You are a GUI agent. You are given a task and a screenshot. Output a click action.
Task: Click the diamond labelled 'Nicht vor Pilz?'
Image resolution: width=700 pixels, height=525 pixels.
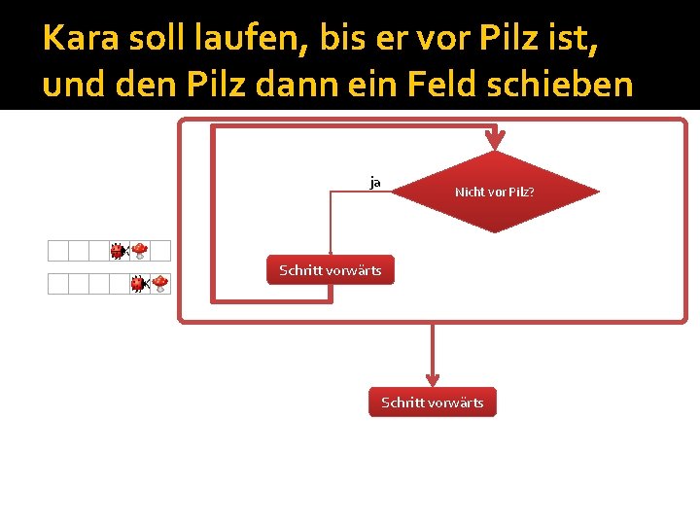click(495, 192)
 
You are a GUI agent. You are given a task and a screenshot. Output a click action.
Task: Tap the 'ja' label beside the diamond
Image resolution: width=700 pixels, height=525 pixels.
click(375, 182)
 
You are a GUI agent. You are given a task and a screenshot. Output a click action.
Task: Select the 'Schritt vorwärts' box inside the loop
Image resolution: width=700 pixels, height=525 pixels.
click(331, 269)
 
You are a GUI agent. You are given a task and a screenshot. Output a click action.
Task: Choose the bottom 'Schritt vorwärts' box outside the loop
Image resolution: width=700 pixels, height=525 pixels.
click(432, 402)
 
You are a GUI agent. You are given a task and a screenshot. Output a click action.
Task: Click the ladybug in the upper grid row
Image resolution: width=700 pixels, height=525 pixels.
click(118, 251)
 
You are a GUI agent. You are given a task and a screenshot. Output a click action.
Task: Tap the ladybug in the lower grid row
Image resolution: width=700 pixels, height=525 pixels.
click(139, 284)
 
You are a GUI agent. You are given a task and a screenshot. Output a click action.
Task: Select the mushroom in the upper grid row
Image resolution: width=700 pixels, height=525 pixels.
click(140, 251)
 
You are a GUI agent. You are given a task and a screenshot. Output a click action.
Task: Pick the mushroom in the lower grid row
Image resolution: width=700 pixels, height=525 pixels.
click(160, 284)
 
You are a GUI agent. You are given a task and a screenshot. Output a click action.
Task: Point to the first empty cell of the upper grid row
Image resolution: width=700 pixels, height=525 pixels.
click(58, 251)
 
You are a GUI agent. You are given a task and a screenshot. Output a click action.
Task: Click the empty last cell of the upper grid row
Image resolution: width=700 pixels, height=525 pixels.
click(161, 251)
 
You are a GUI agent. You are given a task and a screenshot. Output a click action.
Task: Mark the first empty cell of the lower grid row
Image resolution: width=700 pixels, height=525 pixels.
click(58, 284)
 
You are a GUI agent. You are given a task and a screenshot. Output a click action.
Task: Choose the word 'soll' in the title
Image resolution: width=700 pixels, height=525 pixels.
click(153, 39)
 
